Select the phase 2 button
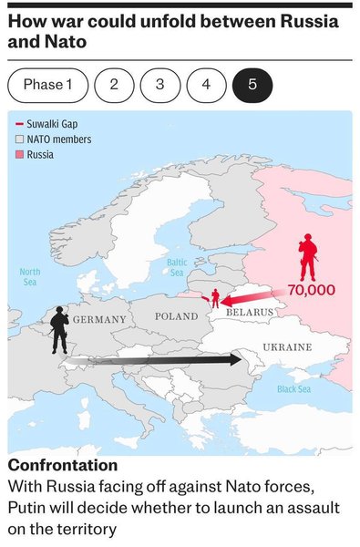click(114, 85)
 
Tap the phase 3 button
click(160, 85)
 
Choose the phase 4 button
click(206, 85)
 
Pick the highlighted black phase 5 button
click(252, 85)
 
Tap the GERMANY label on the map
click(99, 320)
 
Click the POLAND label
click(176, 316)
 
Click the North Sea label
click(30, 277)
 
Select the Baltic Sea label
click(177, 267)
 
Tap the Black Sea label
click(293, 389)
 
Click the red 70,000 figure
click(311, 290)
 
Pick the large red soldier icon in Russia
click(308, 257)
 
